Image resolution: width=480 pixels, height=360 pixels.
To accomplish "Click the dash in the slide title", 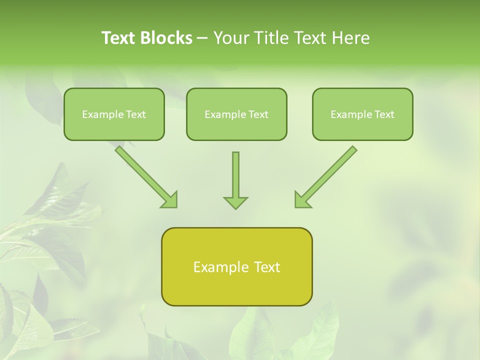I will coord(202,38).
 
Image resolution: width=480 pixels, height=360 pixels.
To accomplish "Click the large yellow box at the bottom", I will coord(236,290).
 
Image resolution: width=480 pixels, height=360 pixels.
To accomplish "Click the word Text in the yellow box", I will coord(266,267).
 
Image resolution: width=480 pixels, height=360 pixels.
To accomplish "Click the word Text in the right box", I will coord(384,114).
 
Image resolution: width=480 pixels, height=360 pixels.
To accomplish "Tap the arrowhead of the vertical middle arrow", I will coord(235,202).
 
